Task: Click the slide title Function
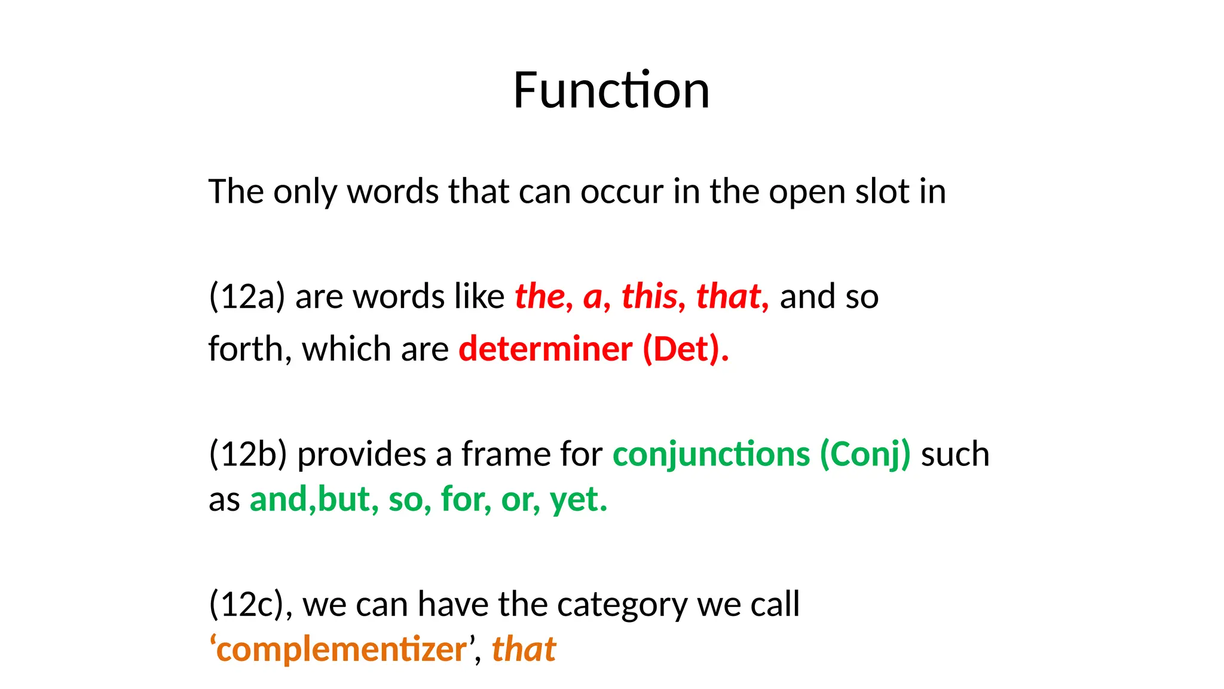(x=611, y=90)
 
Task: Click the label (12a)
(x=247, y=297)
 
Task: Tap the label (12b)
(x=247, y=454)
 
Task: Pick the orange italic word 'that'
(x=524, y=650)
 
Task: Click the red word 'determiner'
(x=545, y=349)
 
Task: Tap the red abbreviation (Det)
(x=684, y=349)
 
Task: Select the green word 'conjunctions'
(x=711, y=454)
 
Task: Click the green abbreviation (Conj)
(x=865, y=454)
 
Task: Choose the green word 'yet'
(x=577, y=500)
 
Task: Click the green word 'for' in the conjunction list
(x=466, y=500)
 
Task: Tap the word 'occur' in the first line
(x=622, y=192)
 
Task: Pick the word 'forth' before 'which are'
(x=246, y=349)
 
